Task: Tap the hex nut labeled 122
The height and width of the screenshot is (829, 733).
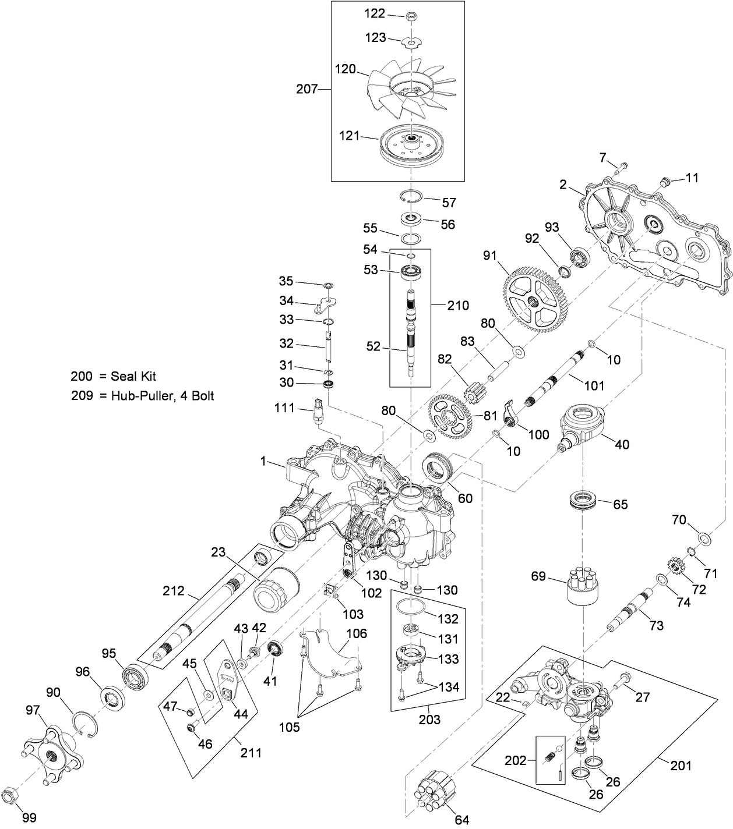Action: click(410, 16)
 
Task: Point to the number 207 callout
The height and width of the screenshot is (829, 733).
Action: click(306, 89)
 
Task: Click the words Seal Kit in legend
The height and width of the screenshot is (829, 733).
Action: click(133, 377)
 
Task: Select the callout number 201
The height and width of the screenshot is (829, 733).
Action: click(681, 765)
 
